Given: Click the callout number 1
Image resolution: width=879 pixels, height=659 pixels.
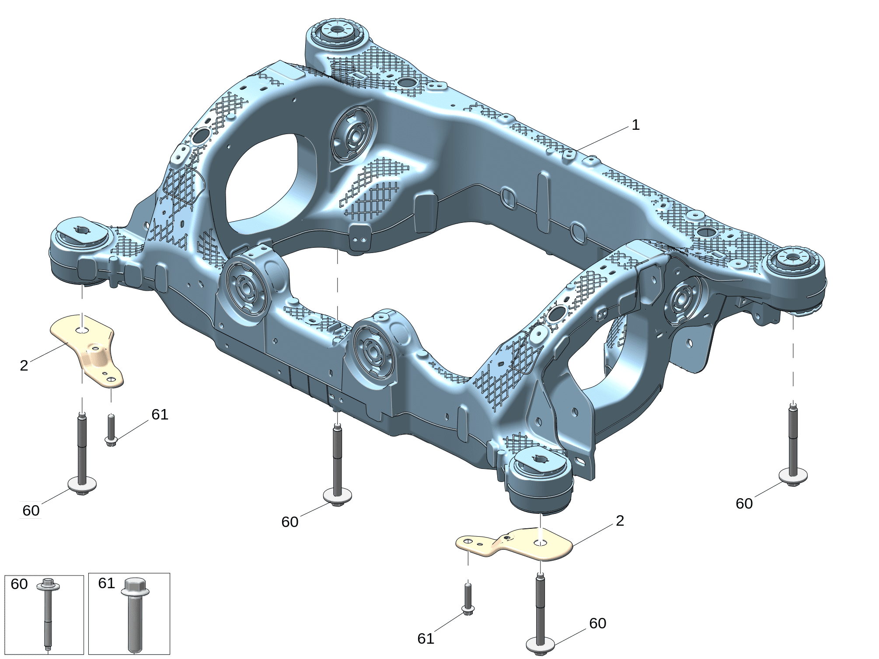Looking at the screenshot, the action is pos(635,125).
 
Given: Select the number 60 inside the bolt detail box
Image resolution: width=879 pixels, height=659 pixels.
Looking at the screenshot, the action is pos(19,584).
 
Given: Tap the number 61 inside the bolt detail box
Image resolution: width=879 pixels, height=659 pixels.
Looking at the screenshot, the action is pos(106,583).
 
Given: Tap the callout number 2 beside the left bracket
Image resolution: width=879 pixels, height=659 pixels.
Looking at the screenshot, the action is pos(24,365).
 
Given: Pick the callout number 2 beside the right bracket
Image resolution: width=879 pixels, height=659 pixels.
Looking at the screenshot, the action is pos(620,520).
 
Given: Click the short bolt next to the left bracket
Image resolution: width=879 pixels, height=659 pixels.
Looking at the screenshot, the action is pos(111,430).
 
